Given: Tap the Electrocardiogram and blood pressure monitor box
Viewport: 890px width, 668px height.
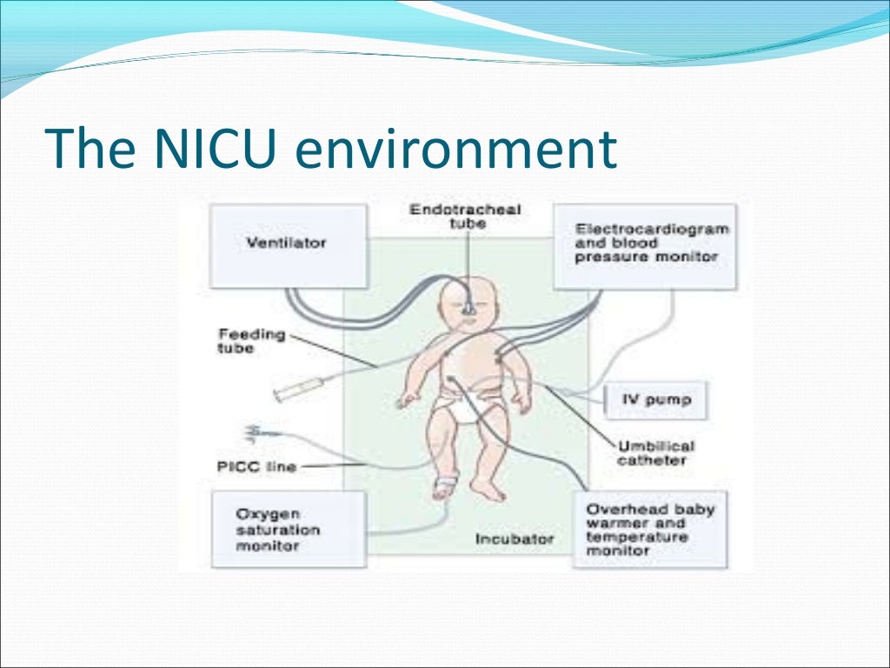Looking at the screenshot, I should click(x=646, y=244).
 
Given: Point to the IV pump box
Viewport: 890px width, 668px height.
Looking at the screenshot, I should click(x=656, y=401).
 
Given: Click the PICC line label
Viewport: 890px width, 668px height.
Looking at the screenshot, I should click(x=256, y=467).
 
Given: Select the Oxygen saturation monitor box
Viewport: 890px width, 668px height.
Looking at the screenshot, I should click(x=277, y=530).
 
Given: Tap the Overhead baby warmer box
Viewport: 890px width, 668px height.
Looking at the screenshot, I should click(x=647, y=529).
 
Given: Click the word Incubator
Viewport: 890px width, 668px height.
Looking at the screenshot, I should click(x=515, y=539).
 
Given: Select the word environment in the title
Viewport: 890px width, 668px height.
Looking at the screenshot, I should click(x=455, y=150).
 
